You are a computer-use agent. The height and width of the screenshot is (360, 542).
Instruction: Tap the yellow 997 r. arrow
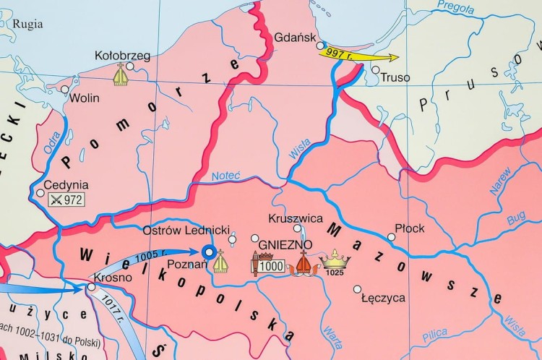point(358,54)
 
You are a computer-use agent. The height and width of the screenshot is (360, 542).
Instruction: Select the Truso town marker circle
point(375,70)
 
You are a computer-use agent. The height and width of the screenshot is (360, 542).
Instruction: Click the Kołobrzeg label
point(123,55)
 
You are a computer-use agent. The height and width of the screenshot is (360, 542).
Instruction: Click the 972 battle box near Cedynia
point(66,200)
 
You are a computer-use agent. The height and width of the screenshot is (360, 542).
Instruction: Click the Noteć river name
point(225,176)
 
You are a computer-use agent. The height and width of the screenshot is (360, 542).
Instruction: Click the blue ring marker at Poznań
point(209,252)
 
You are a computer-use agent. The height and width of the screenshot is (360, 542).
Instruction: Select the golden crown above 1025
point(335,258)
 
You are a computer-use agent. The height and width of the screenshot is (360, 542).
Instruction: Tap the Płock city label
point(410,228)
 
